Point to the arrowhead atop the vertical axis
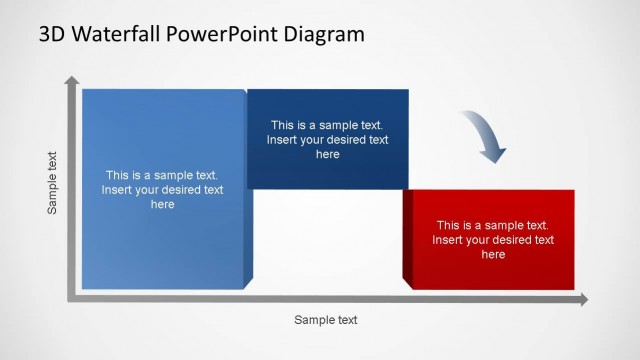pos(71,81)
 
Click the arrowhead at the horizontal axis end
pos(583,299)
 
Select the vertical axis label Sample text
pos(53,183)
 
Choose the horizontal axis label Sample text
pos(325,320)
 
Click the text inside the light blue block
pos(162,189)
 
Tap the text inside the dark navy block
pos(327,140)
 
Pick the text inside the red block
pos(493,240)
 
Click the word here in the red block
pos(493,255)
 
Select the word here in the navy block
pos(327,155)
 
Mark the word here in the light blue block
pos(162,204)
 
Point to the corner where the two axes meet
pos(71,298)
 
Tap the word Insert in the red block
pos(448,240)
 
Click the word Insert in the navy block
pos(282,140)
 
